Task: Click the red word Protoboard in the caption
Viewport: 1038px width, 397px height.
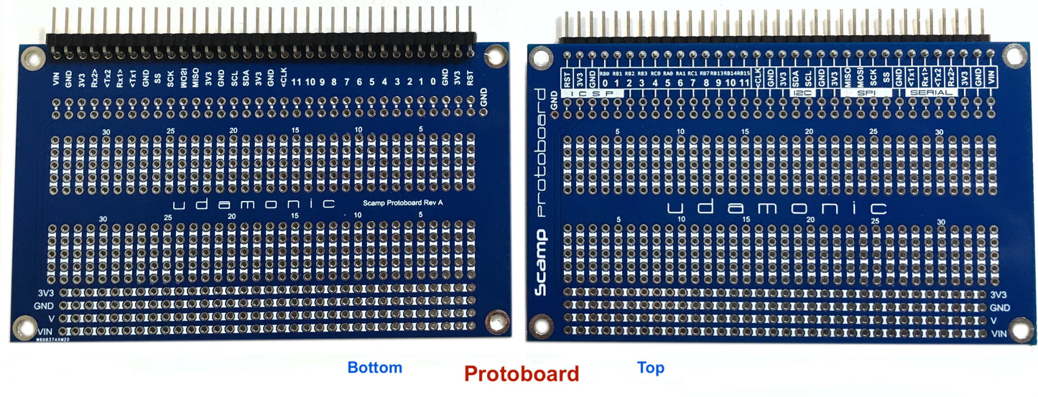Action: pos(521,374)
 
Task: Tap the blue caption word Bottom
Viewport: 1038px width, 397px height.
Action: pos(374,368)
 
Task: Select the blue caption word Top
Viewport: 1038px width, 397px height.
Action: pos(650,368)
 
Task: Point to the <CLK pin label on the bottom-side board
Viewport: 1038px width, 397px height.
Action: pos(283,75)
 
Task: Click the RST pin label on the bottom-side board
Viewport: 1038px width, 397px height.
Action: pos(470,77)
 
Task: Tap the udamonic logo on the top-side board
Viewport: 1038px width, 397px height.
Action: pos(777,209)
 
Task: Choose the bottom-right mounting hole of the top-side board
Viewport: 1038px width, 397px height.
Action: pos(1017,329)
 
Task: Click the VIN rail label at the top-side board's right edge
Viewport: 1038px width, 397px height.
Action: pos(998,334)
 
